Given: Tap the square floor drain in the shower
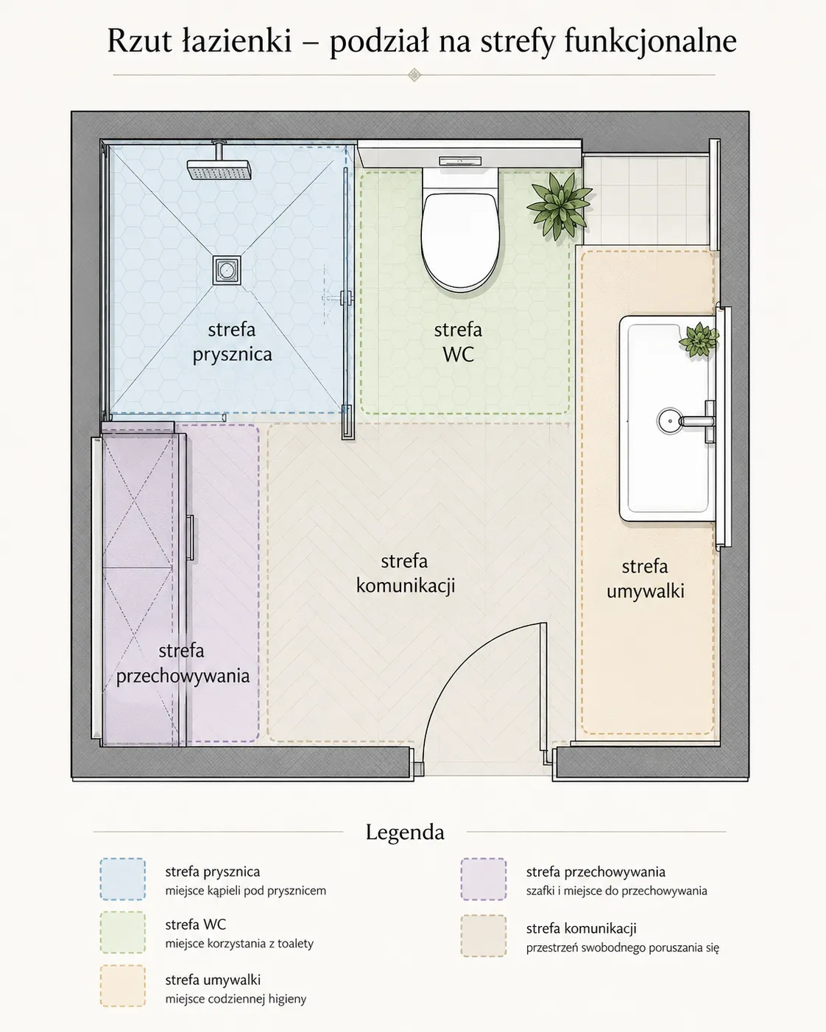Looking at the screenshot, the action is point(227,270).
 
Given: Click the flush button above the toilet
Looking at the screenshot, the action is point(460,161).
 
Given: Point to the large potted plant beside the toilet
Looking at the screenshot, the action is point(560,205).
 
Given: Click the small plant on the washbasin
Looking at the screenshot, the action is point(699,339).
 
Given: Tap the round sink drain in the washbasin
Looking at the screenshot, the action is point(669,421).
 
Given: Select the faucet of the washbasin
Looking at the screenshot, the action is point(698,422).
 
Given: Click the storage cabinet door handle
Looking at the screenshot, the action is point(190,538).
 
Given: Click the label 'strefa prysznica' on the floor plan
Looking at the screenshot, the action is point(232,342).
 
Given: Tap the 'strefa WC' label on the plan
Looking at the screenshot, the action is point(458,342).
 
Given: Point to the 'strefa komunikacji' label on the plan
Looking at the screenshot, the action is point(406,573).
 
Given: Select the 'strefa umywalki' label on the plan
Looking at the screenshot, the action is point(645,579).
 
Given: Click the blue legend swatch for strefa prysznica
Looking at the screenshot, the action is point(123,879).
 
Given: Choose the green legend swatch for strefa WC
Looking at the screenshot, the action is point(123,932).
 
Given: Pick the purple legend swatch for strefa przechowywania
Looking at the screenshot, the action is point(484,879).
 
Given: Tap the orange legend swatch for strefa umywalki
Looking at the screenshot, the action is point(123,986).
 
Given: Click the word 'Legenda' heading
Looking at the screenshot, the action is point(406,833).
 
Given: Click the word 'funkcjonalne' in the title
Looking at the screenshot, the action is point(651,42).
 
